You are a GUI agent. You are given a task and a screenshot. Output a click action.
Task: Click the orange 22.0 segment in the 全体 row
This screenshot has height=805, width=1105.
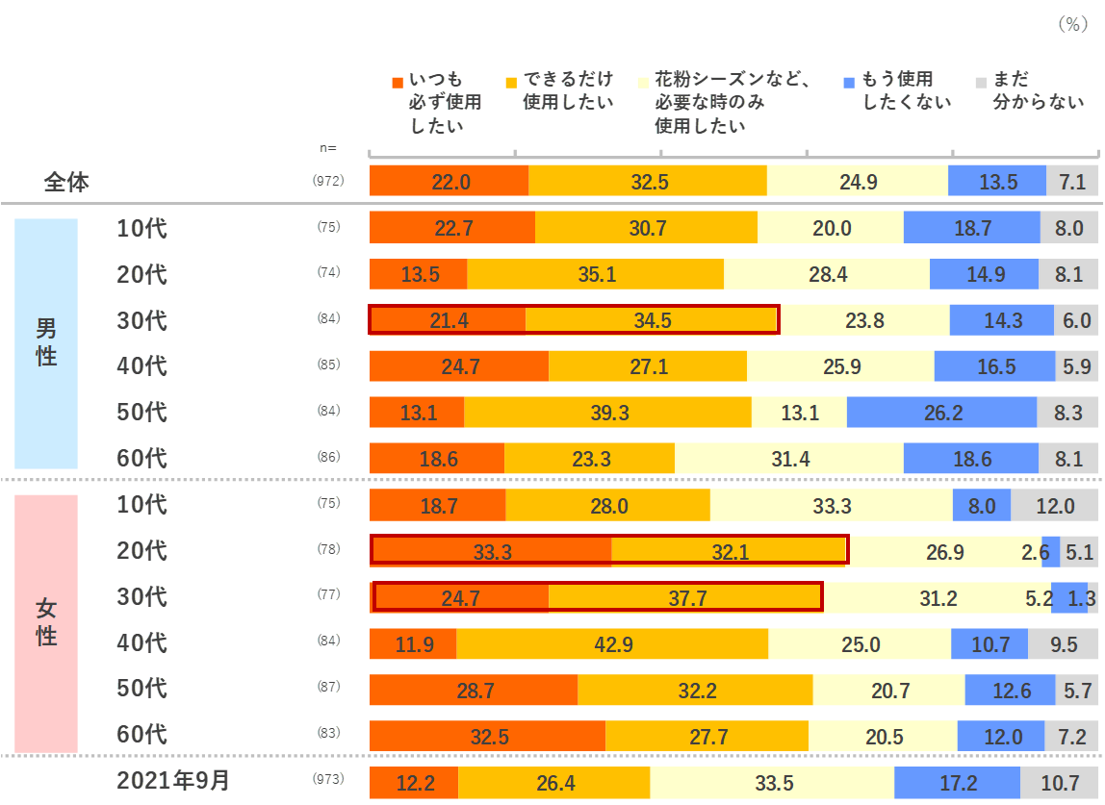(450, 182)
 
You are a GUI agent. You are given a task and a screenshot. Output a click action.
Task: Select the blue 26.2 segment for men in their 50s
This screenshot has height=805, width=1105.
(941, 413)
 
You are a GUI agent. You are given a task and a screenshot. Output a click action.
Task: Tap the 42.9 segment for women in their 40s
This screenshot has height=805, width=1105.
(612, 643)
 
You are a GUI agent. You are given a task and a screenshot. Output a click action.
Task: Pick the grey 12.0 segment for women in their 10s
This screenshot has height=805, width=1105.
(1055, 505)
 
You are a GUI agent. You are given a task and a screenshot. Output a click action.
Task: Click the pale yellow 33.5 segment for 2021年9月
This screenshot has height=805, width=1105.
(772, 783)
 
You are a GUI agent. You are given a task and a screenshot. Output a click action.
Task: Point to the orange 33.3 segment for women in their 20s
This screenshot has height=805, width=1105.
(492, 551)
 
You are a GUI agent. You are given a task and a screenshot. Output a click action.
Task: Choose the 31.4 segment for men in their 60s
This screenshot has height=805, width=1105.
(789, 459)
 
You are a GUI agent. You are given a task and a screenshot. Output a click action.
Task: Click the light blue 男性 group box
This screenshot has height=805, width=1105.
(46, 343)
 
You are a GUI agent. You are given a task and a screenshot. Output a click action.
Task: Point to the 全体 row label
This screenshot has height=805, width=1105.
(66, 182)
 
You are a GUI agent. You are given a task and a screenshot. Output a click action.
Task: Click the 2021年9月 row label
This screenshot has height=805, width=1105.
(173, 780)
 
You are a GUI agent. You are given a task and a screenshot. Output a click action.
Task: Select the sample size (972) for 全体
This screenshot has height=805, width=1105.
(328, 181)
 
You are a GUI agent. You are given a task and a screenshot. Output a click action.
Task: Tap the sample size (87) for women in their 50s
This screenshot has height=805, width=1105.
(328, 688)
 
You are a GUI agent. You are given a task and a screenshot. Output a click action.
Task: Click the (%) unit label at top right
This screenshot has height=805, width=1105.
(1073, 25)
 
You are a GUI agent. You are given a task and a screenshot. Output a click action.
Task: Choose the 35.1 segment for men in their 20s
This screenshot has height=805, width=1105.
(597, 274)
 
